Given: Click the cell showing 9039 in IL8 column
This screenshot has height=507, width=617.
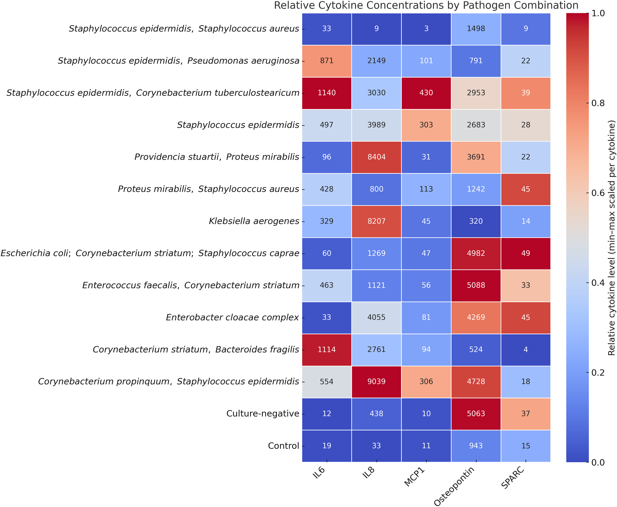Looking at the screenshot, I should (376, 382).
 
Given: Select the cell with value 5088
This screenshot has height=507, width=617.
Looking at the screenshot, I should (476, 285).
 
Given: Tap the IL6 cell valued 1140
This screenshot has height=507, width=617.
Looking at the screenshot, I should (327, 93).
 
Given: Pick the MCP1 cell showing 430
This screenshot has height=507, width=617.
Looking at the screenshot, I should (426, 93).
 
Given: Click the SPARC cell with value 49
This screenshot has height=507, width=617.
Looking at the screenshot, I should (525, 253).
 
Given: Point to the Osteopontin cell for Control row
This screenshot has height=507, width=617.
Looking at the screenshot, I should (476, 446).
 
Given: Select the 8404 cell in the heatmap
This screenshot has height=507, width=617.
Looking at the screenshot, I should (376, 157).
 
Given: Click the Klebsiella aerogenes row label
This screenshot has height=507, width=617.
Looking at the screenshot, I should (254, 221).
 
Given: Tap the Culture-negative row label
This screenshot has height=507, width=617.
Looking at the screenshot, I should (262, 414).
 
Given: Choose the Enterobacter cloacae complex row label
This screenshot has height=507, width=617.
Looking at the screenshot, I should (232, 317).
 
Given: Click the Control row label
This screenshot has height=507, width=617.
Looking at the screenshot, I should (283, 446).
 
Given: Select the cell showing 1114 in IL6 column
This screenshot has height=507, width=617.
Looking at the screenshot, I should (327, 350).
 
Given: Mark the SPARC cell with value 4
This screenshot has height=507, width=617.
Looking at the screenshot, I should (525, 350).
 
